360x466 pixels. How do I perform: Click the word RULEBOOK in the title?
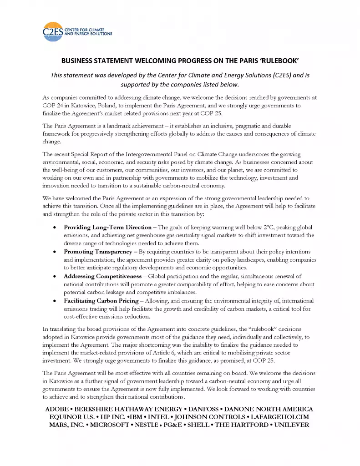click(x=275, y=61)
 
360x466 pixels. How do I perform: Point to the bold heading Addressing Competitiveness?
click(x=103, y=276)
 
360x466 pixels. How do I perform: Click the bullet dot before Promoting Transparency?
click(x=55, y=252)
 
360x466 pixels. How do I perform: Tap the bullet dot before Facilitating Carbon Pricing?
click(x=55, y=301)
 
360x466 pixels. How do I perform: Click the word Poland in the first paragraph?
click(x=105, y=106)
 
